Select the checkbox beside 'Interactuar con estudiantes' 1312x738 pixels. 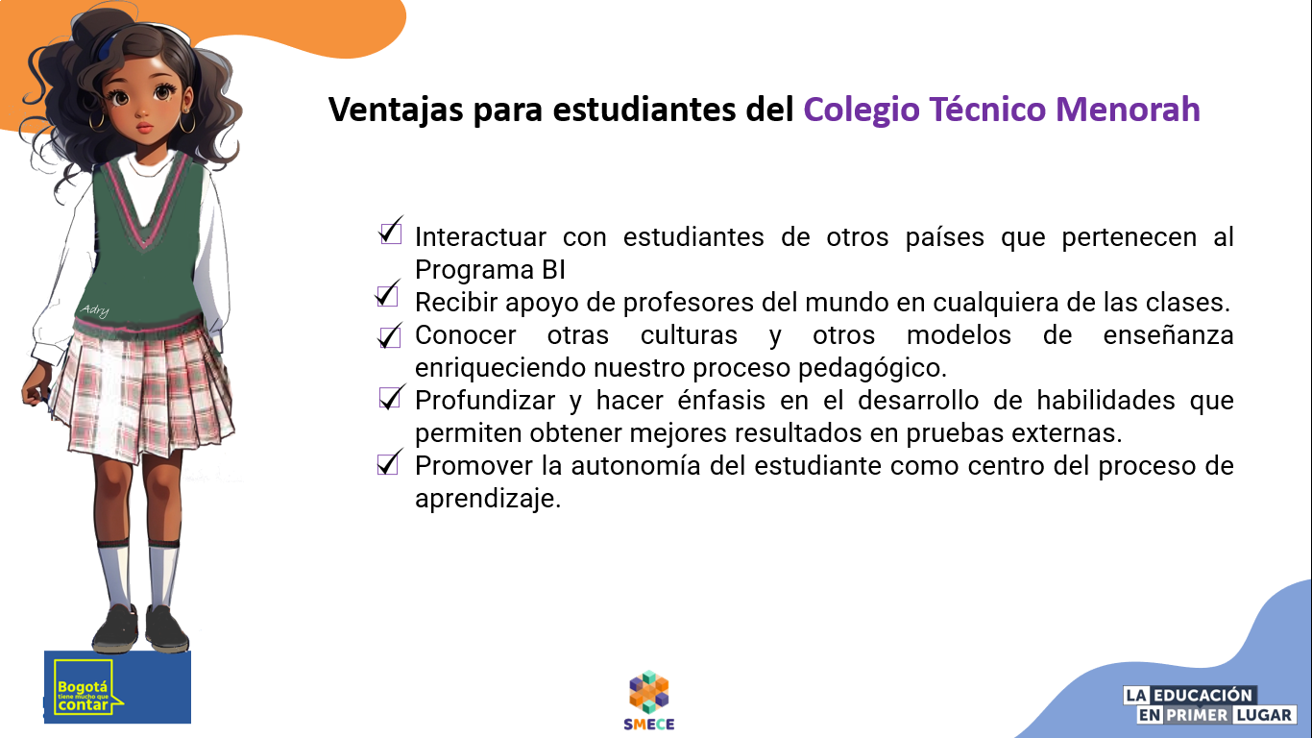(x=390, y=232)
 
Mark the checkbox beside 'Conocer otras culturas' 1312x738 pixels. (x=390, y=336)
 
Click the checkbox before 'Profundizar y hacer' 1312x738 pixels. (x=390, y=398)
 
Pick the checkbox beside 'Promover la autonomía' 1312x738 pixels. (x=388, y=463)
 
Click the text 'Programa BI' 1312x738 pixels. (x=490, y=269)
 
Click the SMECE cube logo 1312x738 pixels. (x=649, y=694)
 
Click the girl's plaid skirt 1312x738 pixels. (x=144, y=384)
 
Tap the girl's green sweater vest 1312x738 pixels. (x=144, y=259)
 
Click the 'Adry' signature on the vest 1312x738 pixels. (x=95, y=308)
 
